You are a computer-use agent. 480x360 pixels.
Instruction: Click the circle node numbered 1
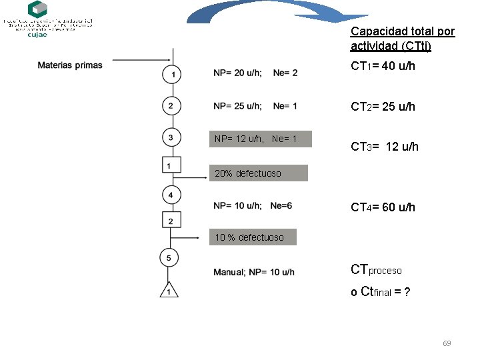[172, 75]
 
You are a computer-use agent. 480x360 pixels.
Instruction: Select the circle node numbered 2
[171, 105]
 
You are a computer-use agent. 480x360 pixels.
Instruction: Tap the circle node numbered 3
[171, 138]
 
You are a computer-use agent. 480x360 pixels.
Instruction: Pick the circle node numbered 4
[171, 195]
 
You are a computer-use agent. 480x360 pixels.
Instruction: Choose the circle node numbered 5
[169, 257]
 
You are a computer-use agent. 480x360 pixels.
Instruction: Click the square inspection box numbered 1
[171, 165]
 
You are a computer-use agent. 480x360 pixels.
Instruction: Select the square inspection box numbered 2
[171, 221]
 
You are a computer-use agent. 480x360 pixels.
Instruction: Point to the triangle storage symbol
[169, 291]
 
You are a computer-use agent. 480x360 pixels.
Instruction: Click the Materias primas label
[70, 65]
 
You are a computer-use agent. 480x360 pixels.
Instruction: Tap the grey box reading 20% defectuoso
[259, 173]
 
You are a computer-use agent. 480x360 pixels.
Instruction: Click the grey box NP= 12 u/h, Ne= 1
[261, 139]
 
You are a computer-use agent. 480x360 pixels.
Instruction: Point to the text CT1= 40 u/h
[383, 67]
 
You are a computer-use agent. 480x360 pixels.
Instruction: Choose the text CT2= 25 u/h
[383, 107]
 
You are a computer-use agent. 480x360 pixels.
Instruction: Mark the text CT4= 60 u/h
[383, 207]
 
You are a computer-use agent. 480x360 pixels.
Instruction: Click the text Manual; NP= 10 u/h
[254, 272]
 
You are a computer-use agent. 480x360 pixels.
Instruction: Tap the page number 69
[447, 343]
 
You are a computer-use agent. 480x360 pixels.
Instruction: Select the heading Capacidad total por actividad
[402, 39]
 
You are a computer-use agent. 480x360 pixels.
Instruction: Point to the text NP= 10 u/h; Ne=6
[253, 206]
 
